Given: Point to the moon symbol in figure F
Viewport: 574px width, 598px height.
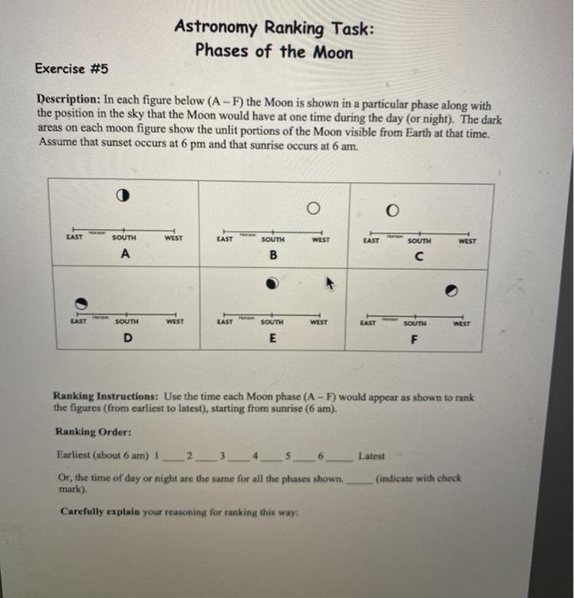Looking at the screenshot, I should (451, 291).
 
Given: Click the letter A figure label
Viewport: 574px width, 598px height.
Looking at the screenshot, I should (125, 255).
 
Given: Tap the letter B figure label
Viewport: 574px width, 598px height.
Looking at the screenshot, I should (273, 255).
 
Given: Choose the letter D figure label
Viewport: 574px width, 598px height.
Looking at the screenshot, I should (127, 339).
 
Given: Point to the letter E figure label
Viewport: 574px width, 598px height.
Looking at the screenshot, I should (272, 339).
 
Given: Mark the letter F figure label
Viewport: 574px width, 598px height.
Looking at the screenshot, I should (413, 339).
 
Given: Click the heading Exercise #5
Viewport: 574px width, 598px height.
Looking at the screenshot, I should (72, 68).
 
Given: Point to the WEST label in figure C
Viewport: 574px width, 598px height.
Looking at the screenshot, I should (468, 242).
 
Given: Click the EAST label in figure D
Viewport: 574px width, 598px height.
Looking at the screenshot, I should (78, 322).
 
